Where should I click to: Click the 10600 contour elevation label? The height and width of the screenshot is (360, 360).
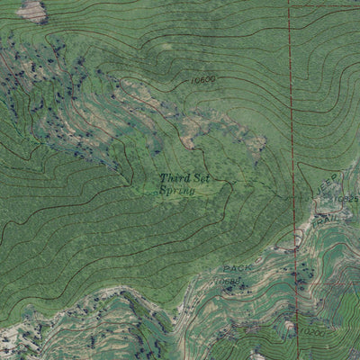(203, 80)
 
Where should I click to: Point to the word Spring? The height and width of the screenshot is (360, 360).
(175, 190)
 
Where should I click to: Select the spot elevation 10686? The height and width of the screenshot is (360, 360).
(228, 282)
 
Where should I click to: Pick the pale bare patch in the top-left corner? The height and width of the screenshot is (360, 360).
(32, 11)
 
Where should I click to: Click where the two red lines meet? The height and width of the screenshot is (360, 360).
(290, 5)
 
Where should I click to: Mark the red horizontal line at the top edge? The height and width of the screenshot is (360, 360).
(324, 5)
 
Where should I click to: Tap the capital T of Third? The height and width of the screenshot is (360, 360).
(164, 179)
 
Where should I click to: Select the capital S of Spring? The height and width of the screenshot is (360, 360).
(164, 190)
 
